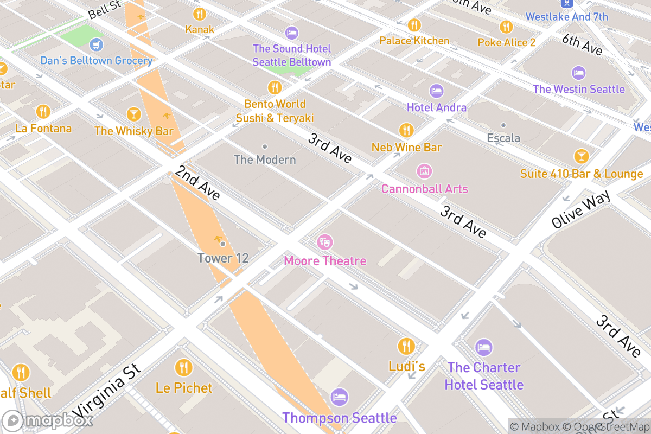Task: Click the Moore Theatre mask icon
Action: click(324, 242)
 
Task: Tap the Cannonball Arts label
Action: click(424, 189)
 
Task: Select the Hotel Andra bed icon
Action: click(436, 91)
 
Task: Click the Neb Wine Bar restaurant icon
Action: click(406, 130)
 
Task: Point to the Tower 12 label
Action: click(223, 258)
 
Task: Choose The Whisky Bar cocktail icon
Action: click(133, 114)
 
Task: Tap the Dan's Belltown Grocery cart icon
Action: click(96, 43)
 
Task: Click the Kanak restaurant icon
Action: click(200, 14)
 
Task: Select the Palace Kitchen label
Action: click(414, 41)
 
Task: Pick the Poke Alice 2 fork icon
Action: click(506, 27)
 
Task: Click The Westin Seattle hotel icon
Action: click(578, 73)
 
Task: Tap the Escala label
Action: click(503, 138)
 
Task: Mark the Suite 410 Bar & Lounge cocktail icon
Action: click(581, 157)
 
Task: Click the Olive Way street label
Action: click(581, 208)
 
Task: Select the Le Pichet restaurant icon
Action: click(184, 368)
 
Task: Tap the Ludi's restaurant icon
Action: click(406, 346)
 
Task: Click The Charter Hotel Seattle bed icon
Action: click(483, 347)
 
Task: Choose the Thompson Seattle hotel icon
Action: click(339, 397)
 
